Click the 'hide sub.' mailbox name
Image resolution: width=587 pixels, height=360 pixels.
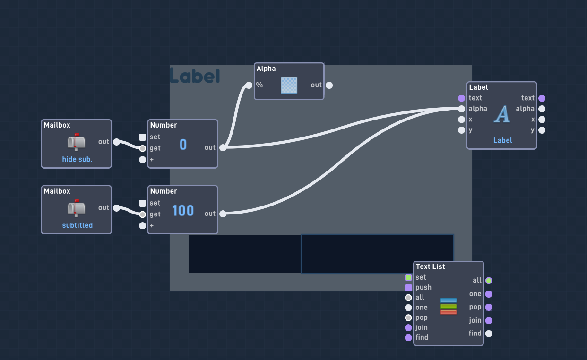point(77,159)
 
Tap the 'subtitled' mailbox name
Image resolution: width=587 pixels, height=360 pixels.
point(78,225)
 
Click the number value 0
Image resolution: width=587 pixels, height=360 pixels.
point(183,145)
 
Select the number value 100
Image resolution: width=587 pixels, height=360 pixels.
point(183,211)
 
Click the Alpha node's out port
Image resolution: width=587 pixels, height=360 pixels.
point(329,85)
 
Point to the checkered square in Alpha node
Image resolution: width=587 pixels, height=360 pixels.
point(289,85)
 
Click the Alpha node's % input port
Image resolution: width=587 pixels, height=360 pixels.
point(249,85)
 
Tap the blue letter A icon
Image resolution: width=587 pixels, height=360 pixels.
point(502,114)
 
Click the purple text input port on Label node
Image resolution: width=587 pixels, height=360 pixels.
point(461,98)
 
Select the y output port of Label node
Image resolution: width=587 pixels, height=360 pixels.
point(542,130)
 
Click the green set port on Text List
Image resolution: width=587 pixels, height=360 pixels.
point(408,277)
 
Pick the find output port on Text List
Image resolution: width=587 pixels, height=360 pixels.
point(489,334)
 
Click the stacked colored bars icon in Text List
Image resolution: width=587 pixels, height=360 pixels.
point(449,306)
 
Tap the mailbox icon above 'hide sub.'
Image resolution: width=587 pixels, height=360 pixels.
point(76,142)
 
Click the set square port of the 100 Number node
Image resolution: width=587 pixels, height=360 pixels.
point(142,203)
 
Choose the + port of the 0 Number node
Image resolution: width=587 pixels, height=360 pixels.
point(142,160)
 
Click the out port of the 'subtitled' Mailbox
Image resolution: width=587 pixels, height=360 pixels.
point(116,208)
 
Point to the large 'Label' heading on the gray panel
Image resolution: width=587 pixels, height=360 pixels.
point(195,76)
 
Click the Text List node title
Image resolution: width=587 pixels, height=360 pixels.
point(430,267)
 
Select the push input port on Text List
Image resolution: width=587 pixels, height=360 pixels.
point(408,288)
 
